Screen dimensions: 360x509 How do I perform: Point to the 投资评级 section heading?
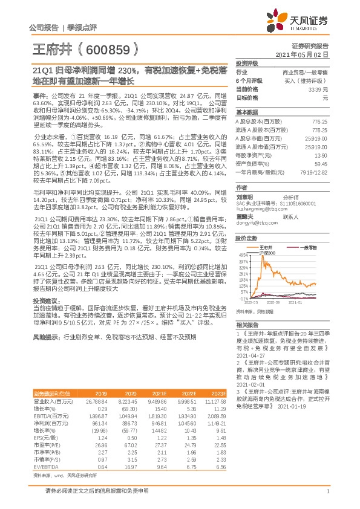(x=247, y=63)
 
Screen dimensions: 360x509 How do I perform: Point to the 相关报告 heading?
(x=247, y=324)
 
